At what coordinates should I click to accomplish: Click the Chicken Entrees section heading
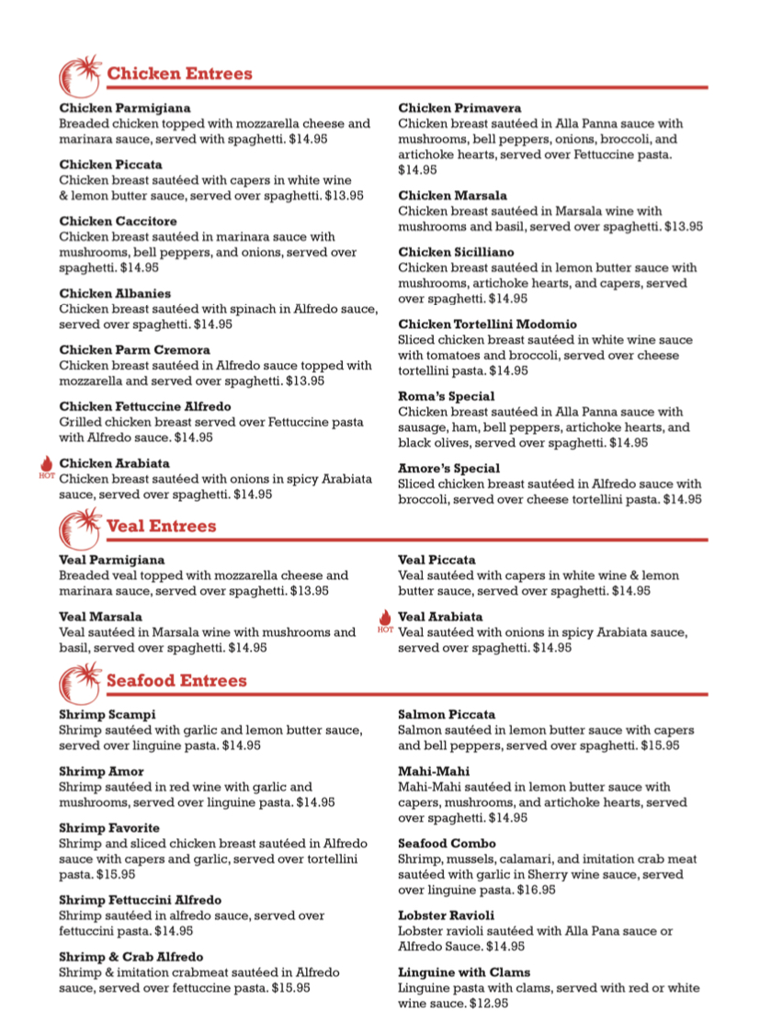(x=179, y=74)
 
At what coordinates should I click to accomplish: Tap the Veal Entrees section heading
(x=161, y=527)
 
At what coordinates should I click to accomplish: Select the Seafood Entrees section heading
(x=176, y=681)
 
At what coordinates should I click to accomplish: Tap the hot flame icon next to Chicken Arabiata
(x=47, y=466)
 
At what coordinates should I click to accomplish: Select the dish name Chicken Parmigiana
(x=125, y=108)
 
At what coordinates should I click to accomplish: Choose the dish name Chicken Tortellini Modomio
(x=487, y=324)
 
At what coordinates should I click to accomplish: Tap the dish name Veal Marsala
(x=101, y=617)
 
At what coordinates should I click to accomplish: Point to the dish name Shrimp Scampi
(x=108, y=714)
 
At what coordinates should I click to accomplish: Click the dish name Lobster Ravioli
(x=447, y=915)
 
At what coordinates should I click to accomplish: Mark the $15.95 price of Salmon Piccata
(x=660, y=745)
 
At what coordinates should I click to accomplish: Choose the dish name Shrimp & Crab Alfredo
(x=131, y=957)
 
